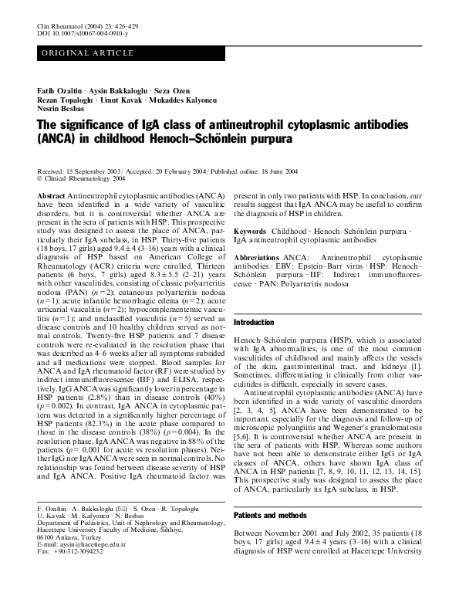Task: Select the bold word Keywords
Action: pos(251,230)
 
